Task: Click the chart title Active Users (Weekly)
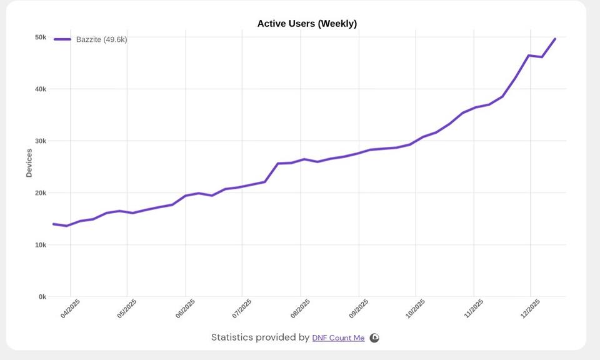pos(307,24)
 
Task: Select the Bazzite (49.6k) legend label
pos(101,39)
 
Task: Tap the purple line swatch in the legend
pos(62,39)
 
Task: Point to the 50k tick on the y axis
pos(41,37)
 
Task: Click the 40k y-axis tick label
pos(41,89)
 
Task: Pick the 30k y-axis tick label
pos(41,141)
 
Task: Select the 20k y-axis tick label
pos(41,193)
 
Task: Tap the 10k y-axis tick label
pos(41,245)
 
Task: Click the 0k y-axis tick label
pos(42,297)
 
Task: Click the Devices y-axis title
pos(29,162)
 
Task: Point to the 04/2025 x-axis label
pos(70,309)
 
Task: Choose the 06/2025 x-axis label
pos(185,309)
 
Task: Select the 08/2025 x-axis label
pos(300,309)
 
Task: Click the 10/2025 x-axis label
pos(415,309)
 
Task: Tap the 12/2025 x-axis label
pos(530,309)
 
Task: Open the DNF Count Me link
pos(338,338)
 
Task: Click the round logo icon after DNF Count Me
pos(374,338)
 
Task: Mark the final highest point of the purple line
pos(555,39)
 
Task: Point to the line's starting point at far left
pos(54,224)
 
